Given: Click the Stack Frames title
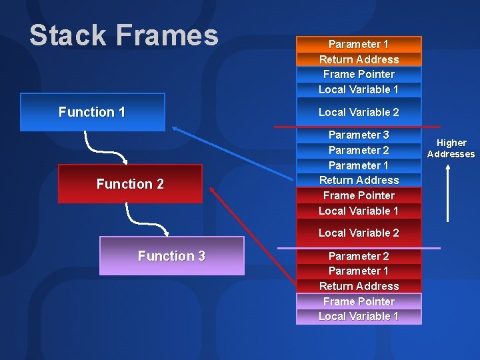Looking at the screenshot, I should (x=123, y=35).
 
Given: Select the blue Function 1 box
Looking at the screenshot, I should (x=92, y=112).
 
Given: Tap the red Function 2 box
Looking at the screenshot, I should (x=130, y=184).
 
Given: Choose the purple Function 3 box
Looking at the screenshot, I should (x=171, y=256).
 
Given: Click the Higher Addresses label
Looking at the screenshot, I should (x=451, y=148).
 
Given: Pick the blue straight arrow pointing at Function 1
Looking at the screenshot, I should (x=233, y=153).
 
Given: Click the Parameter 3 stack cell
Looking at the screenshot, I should (x=359, y=135).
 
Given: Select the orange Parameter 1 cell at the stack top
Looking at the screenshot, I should (x=359, y=44).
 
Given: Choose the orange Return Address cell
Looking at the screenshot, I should (x=359, y=59).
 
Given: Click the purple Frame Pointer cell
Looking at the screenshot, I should (x=359, y=301).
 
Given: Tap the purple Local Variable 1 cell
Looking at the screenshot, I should (x=359, y=317).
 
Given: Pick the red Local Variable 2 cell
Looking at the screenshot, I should (x=359, y=233).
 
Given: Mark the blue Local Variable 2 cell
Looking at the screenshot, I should (x=359, y=112).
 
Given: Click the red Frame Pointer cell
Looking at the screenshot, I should (x=359, y=195).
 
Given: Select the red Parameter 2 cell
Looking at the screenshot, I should (x=359, y=256).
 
